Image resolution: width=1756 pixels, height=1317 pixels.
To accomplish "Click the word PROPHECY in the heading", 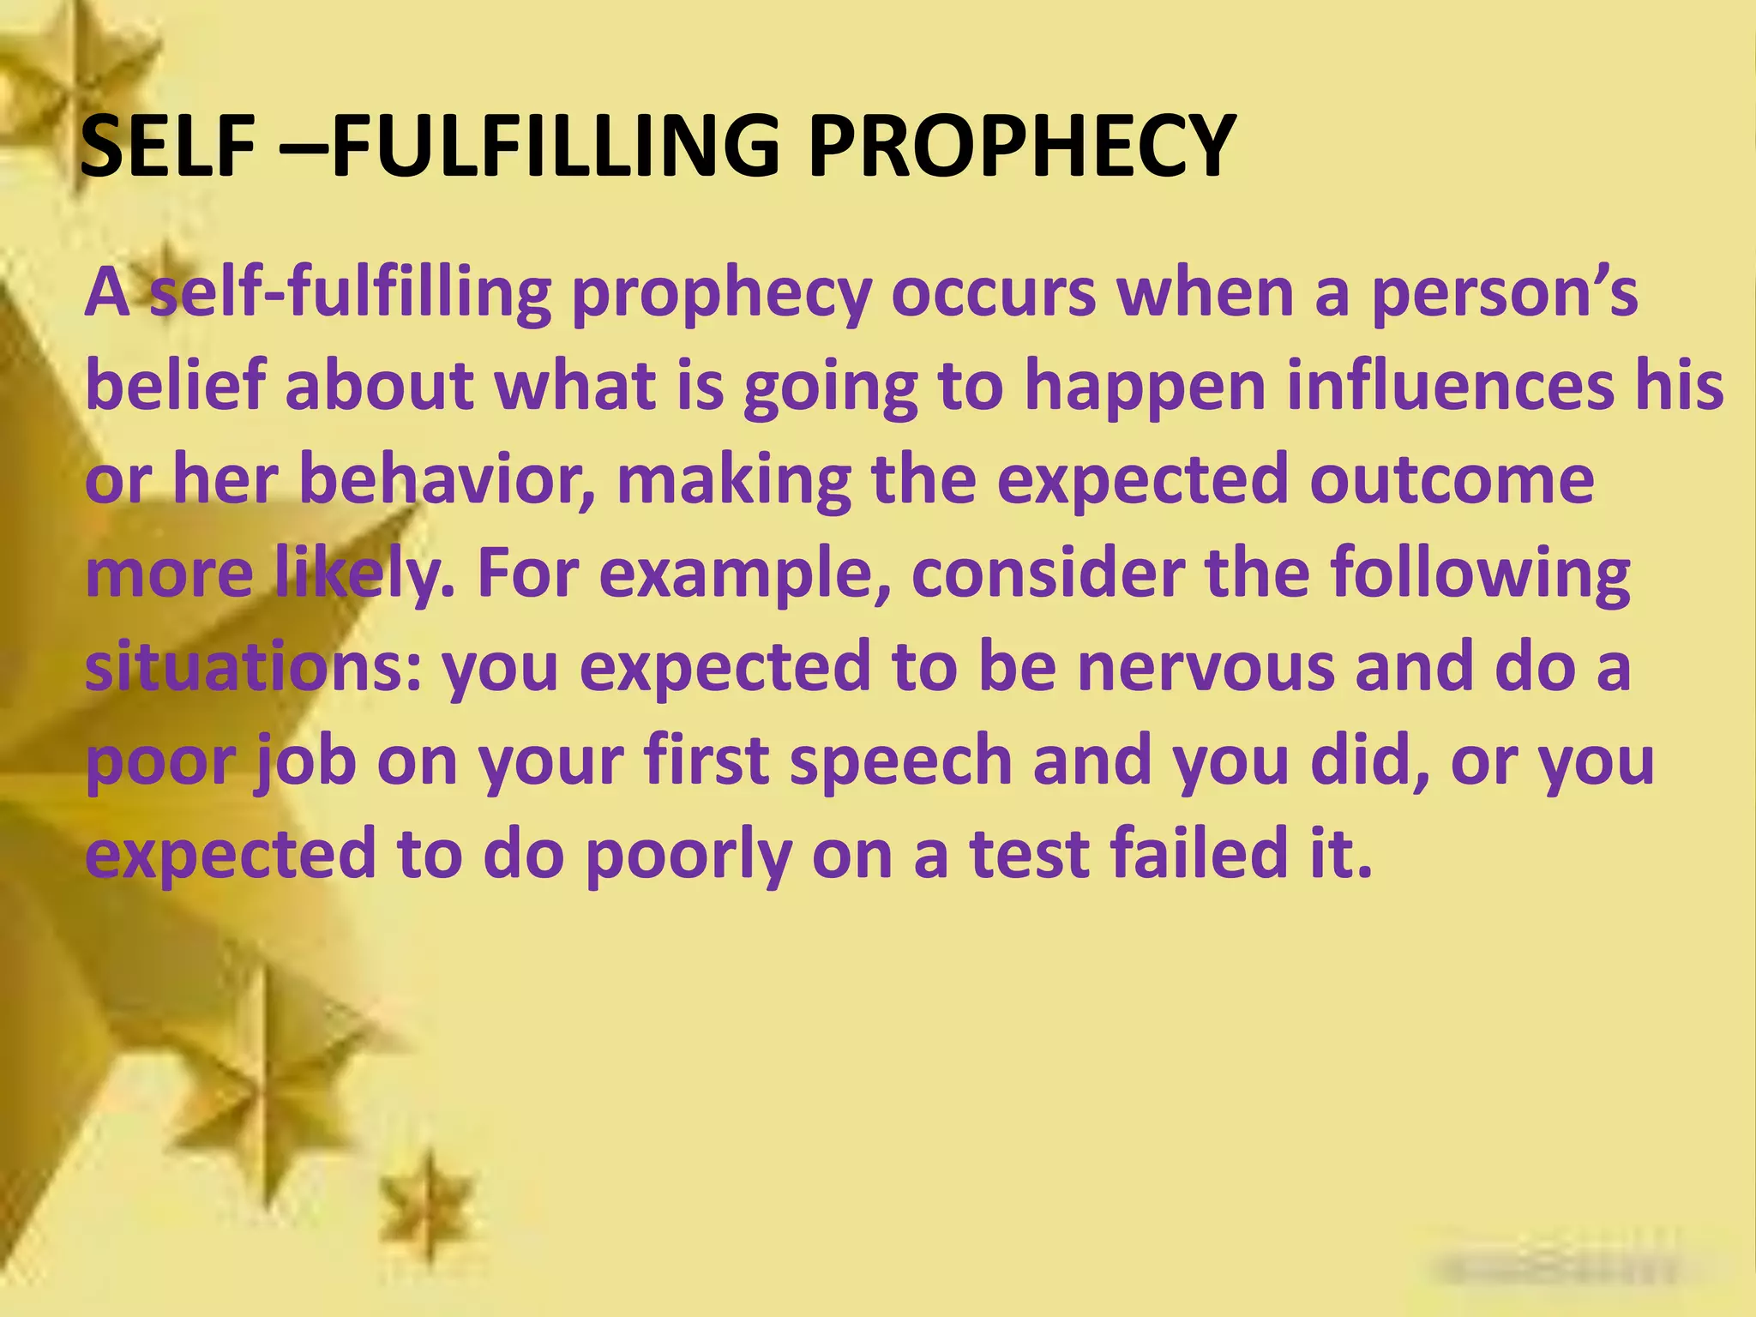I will coord(1020,147).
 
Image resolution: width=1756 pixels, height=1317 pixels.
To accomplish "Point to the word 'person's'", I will coord(1505,292).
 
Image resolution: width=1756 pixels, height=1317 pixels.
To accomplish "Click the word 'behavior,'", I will coord(446,480).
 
